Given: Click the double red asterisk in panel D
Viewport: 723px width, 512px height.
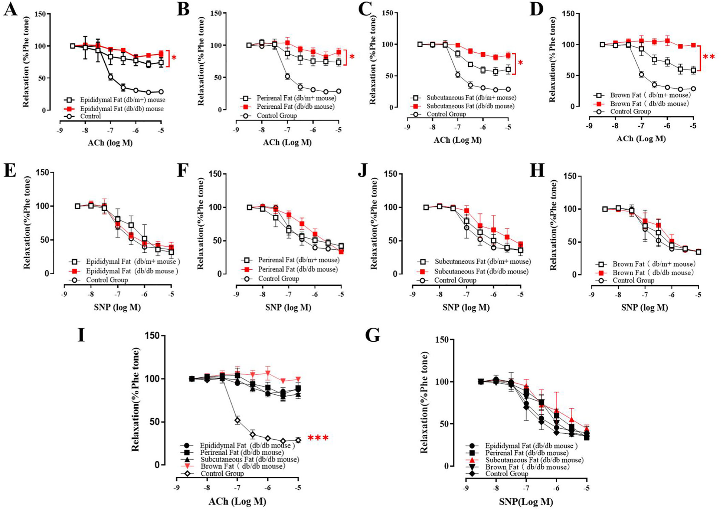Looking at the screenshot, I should tap(708, 57).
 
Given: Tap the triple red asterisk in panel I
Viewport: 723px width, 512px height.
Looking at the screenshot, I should tap(318, 439).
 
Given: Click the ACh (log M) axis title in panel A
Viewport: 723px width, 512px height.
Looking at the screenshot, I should tap(110, 143).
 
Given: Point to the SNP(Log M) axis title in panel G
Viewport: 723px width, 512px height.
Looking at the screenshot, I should tap(526, 502).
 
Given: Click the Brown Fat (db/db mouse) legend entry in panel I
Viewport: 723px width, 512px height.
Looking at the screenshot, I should tap(243, 466).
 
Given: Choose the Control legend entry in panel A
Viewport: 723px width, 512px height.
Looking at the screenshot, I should tap(90, 116).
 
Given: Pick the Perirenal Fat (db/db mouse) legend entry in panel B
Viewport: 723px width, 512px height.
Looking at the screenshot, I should tap(295, 107).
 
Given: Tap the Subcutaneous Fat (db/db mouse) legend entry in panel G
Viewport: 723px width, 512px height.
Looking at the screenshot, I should tap(534, 460).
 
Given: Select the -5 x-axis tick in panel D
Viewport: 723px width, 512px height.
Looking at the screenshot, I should tap(693, 126).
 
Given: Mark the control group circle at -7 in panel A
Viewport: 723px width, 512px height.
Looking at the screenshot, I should tap(111, 77).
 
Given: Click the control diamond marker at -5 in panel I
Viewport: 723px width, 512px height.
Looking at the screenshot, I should tap(298, 440).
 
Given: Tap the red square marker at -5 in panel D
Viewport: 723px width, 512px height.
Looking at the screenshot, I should tap(693, 45).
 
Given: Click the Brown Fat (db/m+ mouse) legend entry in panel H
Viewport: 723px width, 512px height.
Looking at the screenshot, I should tap(653, 264).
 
